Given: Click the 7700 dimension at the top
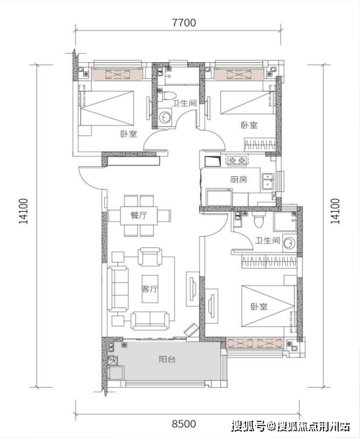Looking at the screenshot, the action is [x=184, y=22].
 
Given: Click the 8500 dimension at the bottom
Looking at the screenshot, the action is [x=184, y=424].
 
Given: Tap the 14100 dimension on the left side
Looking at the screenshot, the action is [x=24, y=211].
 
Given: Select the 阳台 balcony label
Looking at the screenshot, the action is [x=167, y=359].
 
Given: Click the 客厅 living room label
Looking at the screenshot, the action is [x=150, y=289].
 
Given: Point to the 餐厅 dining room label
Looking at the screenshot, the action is [x=138, y=215].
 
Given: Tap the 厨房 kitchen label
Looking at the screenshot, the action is [x=238, y=180].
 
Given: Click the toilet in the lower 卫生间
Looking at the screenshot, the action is [x=258, y=220].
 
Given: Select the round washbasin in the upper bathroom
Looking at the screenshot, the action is [x=166, y=117].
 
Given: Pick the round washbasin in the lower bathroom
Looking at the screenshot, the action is [x=289, y=242].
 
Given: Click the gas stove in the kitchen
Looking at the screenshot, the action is [x=237, y=160].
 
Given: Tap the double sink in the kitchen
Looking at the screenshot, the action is [x=268, y=181].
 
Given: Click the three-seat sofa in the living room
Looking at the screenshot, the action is [x=118, y=289].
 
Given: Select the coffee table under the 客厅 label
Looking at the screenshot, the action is [x=150, y=289].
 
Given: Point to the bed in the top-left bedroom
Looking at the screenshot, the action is [x=106, y=108].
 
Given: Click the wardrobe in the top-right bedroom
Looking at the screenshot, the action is [x=260, y=145].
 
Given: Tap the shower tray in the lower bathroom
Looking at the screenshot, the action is [x=285, y=221].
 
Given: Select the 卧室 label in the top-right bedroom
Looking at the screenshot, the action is [x=249, y=125].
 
